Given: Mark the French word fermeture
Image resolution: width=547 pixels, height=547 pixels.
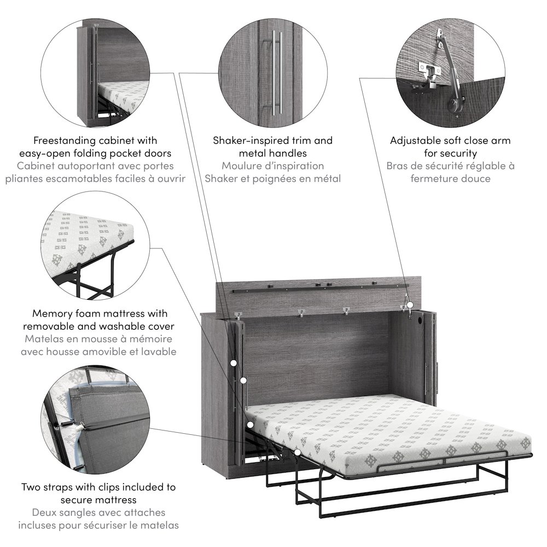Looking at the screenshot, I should [x=435, y=178].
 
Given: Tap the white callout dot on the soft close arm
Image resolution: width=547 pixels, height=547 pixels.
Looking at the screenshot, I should [x=407, y=297].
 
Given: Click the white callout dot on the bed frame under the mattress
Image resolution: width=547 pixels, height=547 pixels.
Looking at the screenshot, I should [x=296, y=453].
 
